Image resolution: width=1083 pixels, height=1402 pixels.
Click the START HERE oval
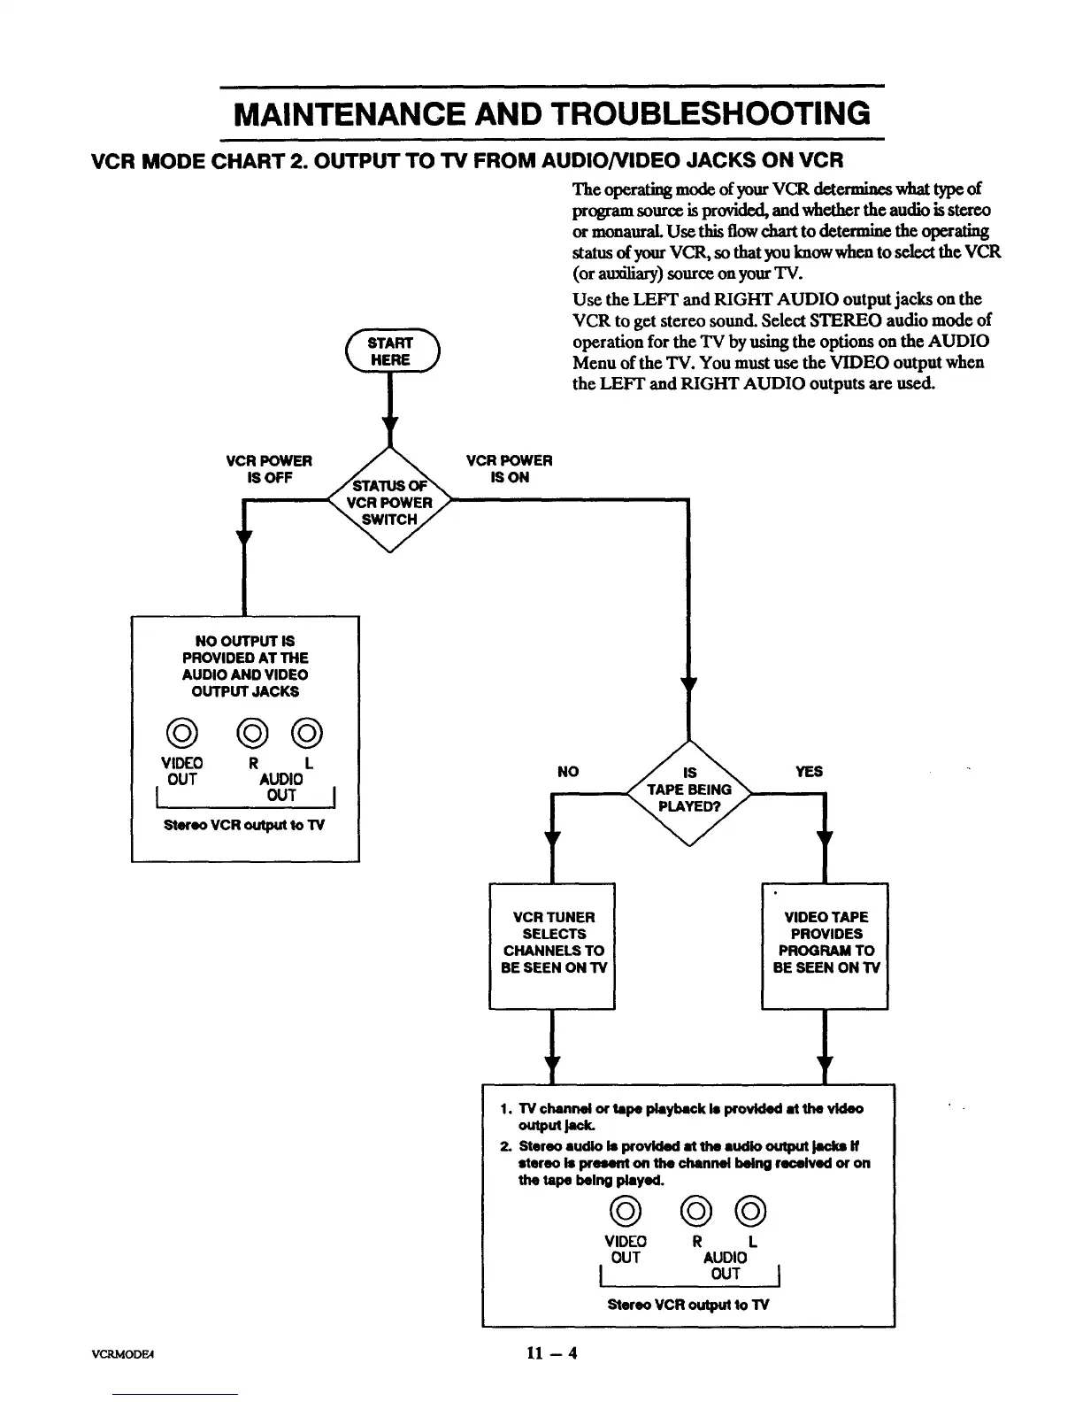click(390, 351)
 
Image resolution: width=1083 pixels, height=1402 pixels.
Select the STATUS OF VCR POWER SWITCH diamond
click(389, 502)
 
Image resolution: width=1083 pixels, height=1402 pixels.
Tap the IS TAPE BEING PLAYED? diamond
click(688, 790)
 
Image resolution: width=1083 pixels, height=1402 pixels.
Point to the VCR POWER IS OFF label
click(269, 469)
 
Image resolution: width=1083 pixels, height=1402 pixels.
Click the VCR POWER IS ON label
click(509, 469)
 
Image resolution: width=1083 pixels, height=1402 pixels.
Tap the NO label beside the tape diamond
click(568, 772)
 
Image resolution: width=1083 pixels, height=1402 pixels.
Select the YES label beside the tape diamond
click(809, 772)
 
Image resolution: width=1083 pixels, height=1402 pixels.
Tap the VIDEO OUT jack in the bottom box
click(626, 1211)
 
